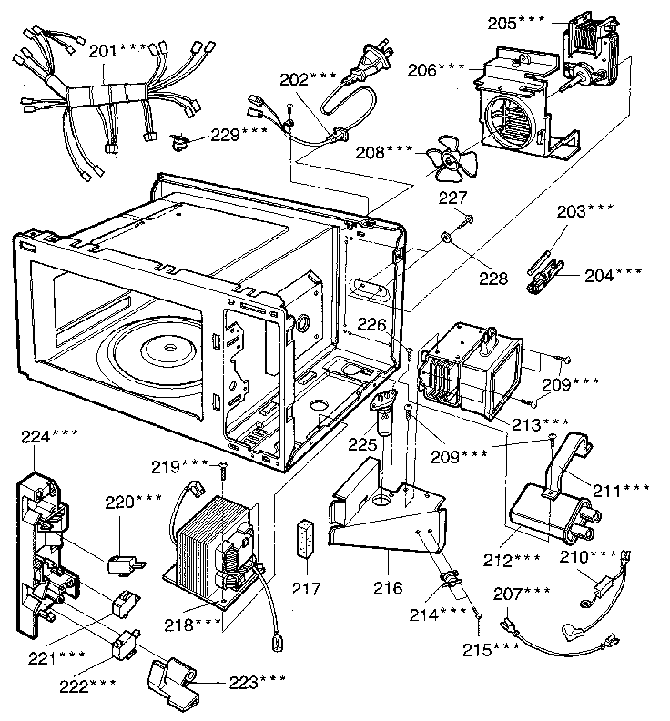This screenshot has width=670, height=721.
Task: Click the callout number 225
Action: pyautogui.click(x=360, y=446)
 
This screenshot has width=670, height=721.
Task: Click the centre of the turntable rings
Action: pyautogui.click(x=167, y=348)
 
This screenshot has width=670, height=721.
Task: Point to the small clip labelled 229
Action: pyautogui.click(x=179, y=141)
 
